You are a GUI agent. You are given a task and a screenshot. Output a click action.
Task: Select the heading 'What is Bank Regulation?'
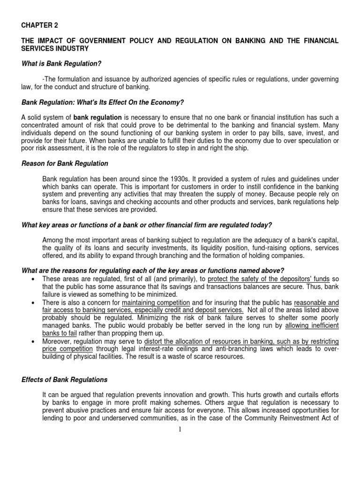[x=61, y=63]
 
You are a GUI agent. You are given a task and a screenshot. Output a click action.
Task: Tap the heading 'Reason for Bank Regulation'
[x=65, y=164]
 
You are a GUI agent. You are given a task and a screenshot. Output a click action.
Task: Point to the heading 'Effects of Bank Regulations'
[x=65, y=380]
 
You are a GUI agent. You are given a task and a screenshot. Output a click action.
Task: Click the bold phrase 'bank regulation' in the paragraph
[x=97, y=117]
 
